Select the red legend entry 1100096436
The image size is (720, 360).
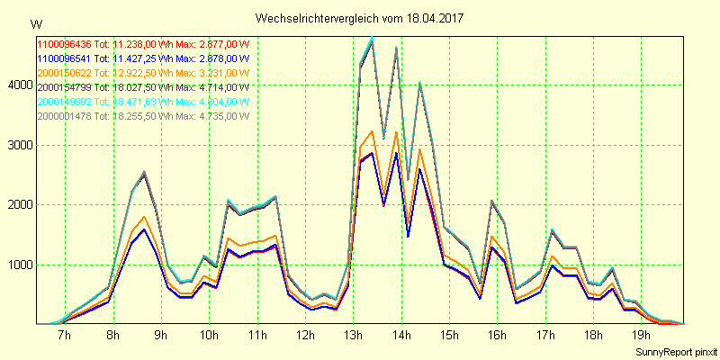[143, 43]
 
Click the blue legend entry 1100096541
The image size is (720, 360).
[143, 58]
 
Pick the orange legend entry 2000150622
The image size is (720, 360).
[143, 72]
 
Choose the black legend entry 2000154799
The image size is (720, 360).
[143, 87]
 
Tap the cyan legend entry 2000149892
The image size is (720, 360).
[143, 102]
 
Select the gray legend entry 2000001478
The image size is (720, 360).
[143, 116]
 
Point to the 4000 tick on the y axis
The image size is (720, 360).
[19, 85]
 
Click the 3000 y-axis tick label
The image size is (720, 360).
[19, 145]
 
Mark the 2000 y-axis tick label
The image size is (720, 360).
[19, 205]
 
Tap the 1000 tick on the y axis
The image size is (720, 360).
[19, 265]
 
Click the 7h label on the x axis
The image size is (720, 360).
[64, 336]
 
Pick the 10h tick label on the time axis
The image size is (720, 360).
[208, 336]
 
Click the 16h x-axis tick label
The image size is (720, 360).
[497, 336]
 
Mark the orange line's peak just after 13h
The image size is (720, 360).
[372, 130]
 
